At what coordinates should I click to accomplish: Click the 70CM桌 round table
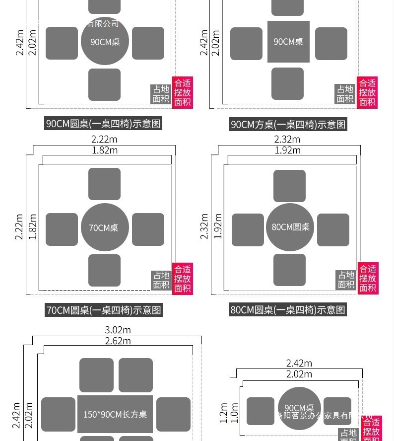(x=105, y=227)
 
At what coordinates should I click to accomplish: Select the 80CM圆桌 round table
(x=290, y=227)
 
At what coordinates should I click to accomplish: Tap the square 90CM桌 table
(x=288, y=42)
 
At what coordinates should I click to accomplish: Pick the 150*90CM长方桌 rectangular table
(x=115, y=414)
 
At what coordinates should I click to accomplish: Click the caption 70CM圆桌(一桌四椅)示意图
(x=104, y=310)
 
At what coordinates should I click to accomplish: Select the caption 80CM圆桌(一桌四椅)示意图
(x=288, y=310)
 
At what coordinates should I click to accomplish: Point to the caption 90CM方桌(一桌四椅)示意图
(x=288, y=124)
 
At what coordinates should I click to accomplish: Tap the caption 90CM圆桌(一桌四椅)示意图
(x=104, y=124)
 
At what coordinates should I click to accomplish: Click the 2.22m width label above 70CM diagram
(x=104, y=140)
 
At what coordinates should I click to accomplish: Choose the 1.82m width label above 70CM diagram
(x=105, y=150)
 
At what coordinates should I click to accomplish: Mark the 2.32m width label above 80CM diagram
(x=287, y=140)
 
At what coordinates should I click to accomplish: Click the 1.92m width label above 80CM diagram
(x=288, y=150)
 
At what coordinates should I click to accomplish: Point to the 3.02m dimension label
(x=118, y=330)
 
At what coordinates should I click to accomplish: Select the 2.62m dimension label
(x=118, y=341)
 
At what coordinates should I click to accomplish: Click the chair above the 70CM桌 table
(x=104, y=184)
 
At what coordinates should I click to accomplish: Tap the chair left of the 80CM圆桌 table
(x=248, y=229)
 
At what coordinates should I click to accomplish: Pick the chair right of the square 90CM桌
(x=331, y=44)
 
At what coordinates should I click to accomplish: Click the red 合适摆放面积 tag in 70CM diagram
(x=182, y=279)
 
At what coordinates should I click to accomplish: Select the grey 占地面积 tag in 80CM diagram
(x=346, y=280)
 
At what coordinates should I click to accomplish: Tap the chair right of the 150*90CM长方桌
(x=173, y=414)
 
